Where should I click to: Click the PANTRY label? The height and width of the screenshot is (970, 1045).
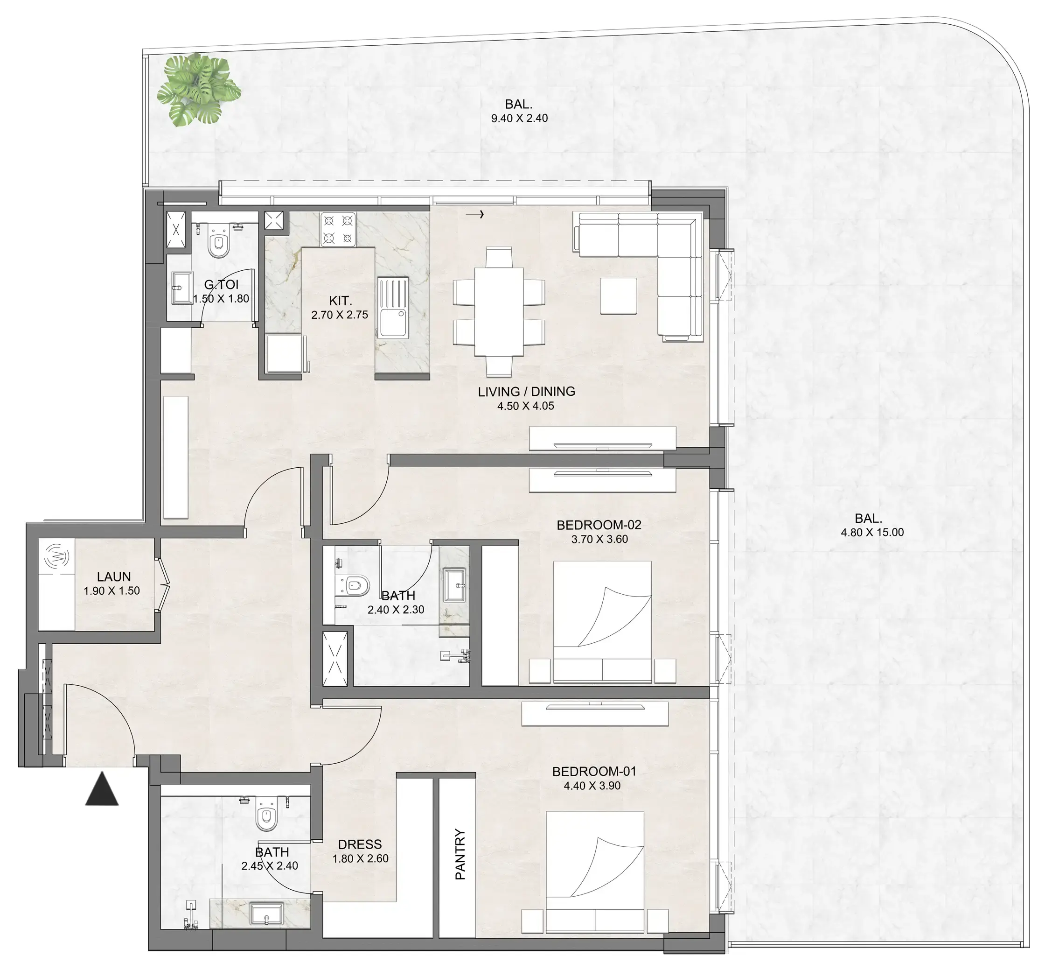(x=460, y=854)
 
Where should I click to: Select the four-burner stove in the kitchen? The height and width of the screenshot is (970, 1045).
(x=338, y=229)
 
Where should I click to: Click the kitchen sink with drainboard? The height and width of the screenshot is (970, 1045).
(x=392, y=308)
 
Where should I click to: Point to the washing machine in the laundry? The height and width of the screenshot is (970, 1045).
(x=56, y=557)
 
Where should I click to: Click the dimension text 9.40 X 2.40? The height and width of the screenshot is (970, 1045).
(x=519, y=118)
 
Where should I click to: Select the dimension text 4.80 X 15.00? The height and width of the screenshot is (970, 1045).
(x=872, y=532)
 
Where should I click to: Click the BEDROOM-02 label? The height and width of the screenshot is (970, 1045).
(x=599, y=525)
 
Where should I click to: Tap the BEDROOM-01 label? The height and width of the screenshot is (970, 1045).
(x=594, y=772)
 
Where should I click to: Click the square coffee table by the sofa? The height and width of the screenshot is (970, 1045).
(x=619, y=296)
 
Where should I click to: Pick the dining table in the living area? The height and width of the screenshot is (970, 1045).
(x=498, y=312)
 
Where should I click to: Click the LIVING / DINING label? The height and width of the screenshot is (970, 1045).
(x=526, y=392)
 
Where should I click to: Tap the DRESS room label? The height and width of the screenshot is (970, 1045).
(x=359, y=844)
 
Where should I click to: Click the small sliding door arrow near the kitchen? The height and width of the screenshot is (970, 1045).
(x=474, y=214)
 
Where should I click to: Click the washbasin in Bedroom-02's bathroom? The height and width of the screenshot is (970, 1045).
(x=455, y=584)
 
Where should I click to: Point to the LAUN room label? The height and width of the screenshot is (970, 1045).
(x=114, y=577)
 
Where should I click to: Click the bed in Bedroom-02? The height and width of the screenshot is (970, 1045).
(x=602, y=622)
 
